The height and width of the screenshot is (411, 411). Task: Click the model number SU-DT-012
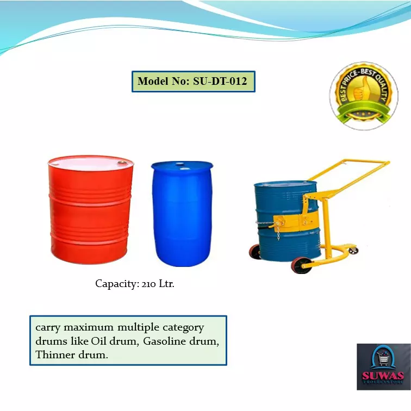[220, 82]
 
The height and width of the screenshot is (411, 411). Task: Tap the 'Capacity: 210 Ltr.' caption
[135, 284]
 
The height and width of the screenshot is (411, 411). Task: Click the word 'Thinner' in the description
[54, 355]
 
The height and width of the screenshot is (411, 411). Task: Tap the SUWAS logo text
[383, 376]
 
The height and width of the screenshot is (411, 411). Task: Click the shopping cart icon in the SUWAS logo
[384, 359]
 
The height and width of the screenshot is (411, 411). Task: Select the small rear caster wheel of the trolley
[354, 250]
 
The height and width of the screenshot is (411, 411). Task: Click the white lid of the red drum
[90, 163]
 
